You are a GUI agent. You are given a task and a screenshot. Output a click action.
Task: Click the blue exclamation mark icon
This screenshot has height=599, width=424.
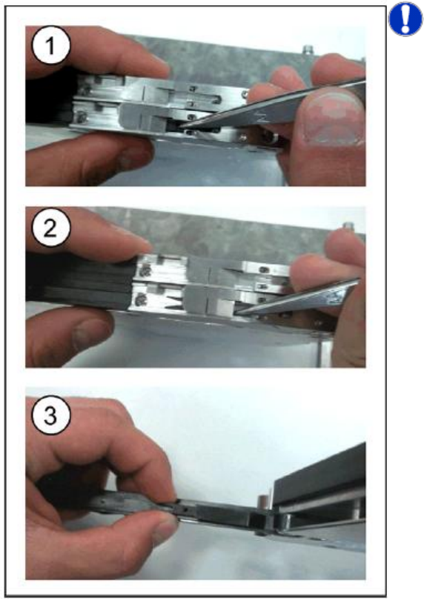tap(405, 19)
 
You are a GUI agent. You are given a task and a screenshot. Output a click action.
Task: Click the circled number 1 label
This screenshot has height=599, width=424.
tap(51, 45)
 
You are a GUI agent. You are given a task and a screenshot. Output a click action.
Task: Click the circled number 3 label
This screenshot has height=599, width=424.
tap(51, 415)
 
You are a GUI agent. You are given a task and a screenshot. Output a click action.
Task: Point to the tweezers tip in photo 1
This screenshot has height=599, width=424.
tap(179, 126)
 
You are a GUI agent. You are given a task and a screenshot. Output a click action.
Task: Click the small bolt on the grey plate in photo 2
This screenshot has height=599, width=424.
tap(347, 225)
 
